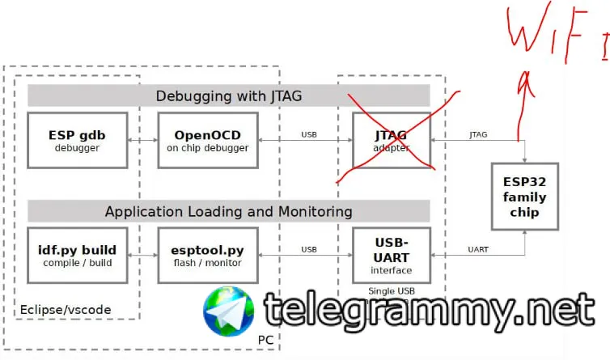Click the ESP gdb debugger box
click(77, 139)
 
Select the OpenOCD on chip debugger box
click(202, 139)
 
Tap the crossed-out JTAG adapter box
click(392, 139)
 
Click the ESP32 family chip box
click(524, 197)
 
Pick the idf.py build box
click(77, 254)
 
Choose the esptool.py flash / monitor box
click(202, 254)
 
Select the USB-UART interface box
click(392, 254)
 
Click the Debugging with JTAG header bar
click(228, 96)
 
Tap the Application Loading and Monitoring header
click(228, 211)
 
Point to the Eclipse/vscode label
click(65, 309)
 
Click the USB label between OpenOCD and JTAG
click(309, 134)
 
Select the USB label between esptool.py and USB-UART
click(309, 249)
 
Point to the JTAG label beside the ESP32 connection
click(478, 134)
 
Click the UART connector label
click(478, 249)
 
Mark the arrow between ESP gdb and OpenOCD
click(142, 140)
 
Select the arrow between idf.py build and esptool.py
click(142, 255)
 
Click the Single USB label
click(392, 291)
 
